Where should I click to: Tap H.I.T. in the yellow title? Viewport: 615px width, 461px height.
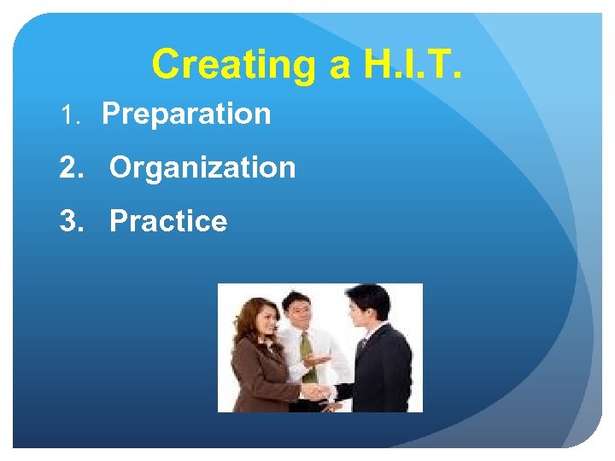[x=409, y=65]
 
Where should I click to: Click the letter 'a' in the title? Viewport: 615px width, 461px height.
[x=329, y=66]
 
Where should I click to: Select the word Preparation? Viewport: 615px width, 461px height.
[x=186, y=114]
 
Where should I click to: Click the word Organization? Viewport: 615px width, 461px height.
[x=202, y=167]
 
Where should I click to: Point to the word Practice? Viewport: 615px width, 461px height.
[x=168, y=221]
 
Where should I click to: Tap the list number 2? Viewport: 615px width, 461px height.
[x=71, y=168]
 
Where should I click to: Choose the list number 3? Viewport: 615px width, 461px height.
[x=71, y=222]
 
